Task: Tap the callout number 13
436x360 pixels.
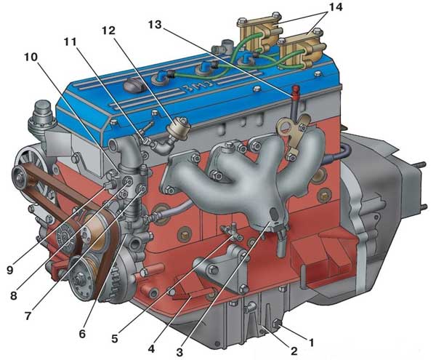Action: click(155, 24)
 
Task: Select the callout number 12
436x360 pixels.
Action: click(108, 31)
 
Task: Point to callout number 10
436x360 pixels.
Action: click(31, 57)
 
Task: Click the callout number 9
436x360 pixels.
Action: click(10, 270)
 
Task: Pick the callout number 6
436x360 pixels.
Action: click(82, 333)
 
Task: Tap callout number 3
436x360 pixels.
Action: click(179, 352)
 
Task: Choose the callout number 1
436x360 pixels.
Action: click(312, 343)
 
